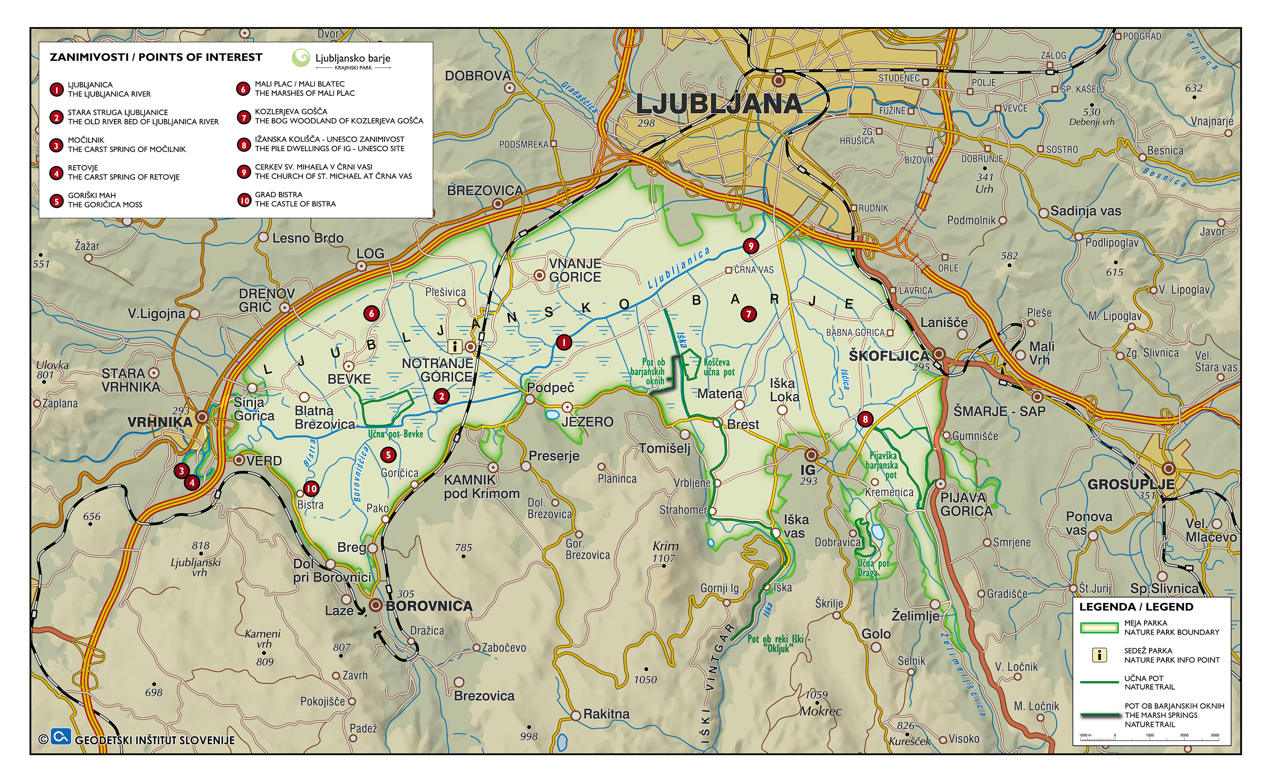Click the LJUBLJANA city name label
718,105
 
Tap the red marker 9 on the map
750,246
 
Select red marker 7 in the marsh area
748,314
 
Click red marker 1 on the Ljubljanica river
563,342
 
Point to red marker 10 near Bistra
311,489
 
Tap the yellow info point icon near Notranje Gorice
454,346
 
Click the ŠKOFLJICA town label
888,356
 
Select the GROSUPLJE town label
1131,484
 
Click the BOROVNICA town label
429,606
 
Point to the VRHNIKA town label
160,422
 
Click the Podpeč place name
550,388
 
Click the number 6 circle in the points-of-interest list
243,89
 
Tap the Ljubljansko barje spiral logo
300,58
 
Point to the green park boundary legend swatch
1099,628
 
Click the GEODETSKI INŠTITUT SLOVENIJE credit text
154,741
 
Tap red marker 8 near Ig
865,419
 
